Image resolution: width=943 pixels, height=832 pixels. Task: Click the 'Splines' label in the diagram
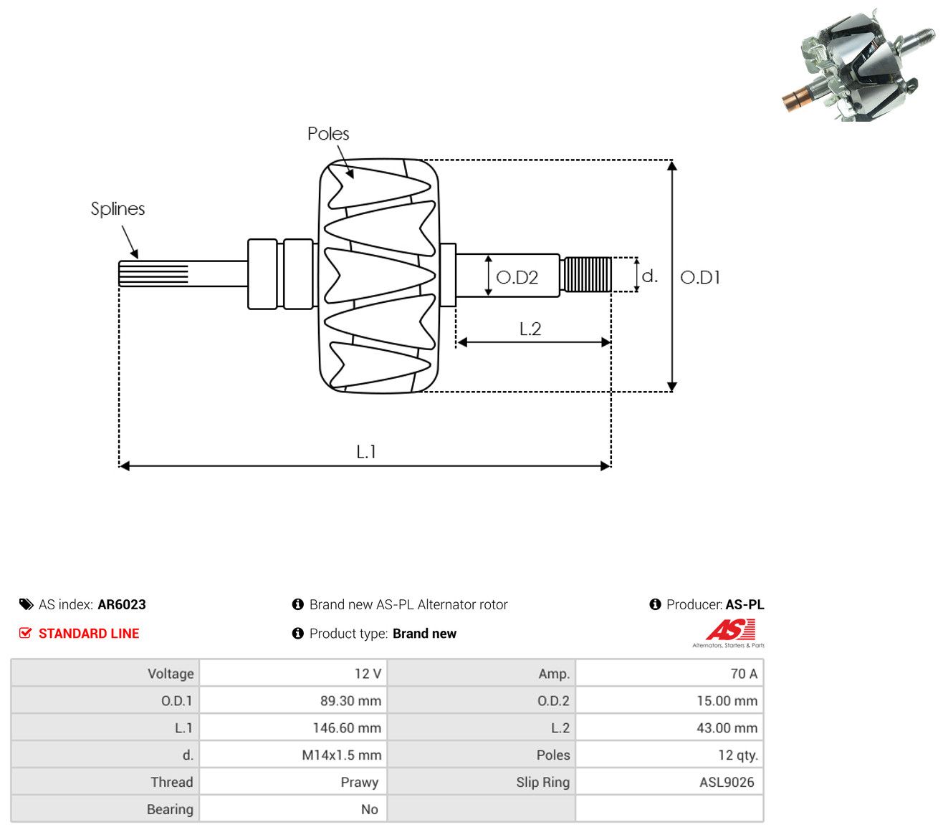tap(118, 209)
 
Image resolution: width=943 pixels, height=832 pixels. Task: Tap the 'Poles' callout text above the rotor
tap(328, 133)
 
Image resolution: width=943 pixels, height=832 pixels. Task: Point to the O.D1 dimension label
tap(699, 278)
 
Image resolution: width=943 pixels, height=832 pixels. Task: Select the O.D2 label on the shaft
tap(517, 278)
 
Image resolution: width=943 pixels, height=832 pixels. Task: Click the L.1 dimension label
tap(366, 452)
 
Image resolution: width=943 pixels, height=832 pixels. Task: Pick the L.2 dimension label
tap(530, 329)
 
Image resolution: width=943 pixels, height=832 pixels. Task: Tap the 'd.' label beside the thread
tap(649, 276)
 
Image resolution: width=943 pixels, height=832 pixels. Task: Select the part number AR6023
tap(122, 604)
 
